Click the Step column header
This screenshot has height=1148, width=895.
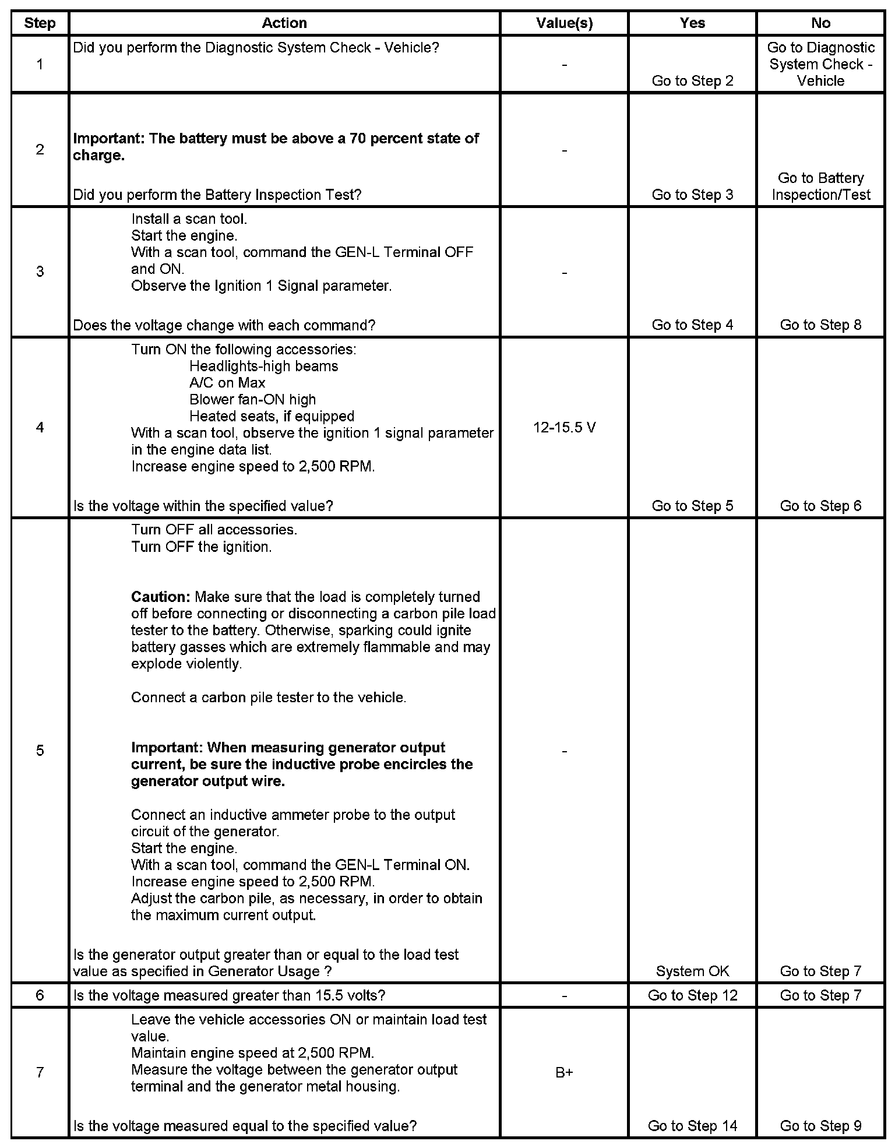tap(40, 23)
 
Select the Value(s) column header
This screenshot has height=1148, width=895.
tap(564, 23)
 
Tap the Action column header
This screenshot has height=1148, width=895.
tap(284, 23)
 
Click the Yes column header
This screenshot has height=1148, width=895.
tap(692, 23)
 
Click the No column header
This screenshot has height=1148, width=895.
tap(820, 23)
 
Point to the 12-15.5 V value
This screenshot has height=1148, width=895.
tap(564, 428)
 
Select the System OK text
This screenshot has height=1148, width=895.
tap(692, 971)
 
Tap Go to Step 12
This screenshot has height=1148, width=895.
tap(692, 995)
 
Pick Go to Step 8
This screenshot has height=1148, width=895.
tap(820, 325)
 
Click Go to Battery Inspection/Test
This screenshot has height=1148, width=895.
tap(820, 186)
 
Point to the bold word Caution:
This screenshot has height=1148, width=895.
tap(161, 597)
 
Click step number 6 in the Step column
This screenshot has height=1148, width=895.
tap(40, 995)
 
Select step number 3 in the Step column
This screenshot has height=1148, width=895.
tap(40, 272)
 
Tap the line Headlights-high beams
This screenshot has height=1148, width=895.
tap(263, 367)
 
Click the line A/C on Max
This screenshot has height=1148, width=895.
tap(227, 383)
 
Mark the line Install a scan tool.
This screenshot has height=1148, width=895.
tap(189, 219)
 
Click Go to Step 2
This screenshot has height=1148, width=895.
tap(692, 81)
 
